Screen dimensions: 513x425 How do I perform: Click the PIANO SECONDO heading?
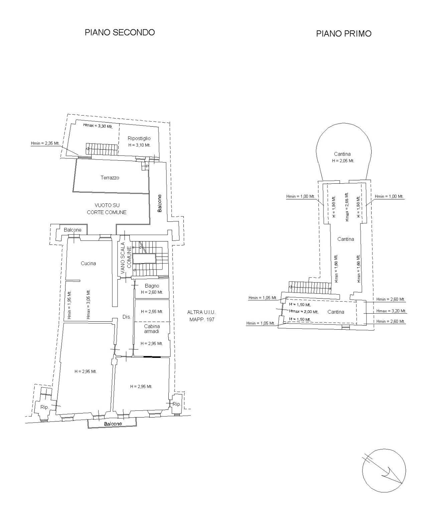(x=120, y=32)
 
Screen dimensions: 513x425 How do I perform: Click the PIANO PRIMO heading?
(x=343, y=33)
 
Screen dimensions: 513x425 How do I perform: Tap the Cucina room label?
(x=88, y=263)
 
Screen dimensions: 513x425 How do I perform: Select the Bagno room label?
(x=152, y=286)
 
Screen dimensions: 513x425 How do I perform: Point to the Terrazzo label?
(x=110, y=178)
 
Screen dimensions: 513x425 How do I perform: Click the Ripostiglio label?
(x=139, y=138)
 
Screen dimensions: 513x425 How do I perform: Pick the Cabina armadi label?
(x=152, y=329)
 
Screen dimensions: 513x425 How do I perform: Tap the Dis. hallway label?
(x=127, y=317)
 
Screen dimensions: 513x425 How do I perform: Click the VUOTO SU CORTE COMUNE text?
(x=107, y=209)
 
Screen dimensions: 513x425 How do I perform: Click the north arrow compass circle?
(x=384, y=471)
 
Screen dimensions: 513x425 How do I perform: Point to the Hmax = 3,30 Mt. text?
(x=98, y=127)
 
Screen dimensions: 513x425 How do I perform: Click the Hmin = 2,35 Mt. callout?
(x=45, y=143)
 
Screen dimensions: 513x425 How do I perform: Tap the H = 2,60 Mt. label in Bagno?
(x=152, y=292)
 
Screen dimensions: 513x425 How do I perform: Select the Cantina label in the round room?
(x=342, y=154)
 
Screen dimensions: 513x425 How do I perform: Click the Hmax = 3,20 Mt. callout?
(x=391, y=311)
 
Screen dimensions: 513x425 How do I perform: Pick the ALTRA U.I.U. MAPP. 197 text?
(x=201, y=316)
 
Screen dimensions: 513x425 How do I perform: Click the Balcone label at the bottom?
(x=113, y=424)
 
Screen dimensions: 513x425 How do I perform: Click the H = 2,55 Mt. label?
(x=152, y=312)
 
